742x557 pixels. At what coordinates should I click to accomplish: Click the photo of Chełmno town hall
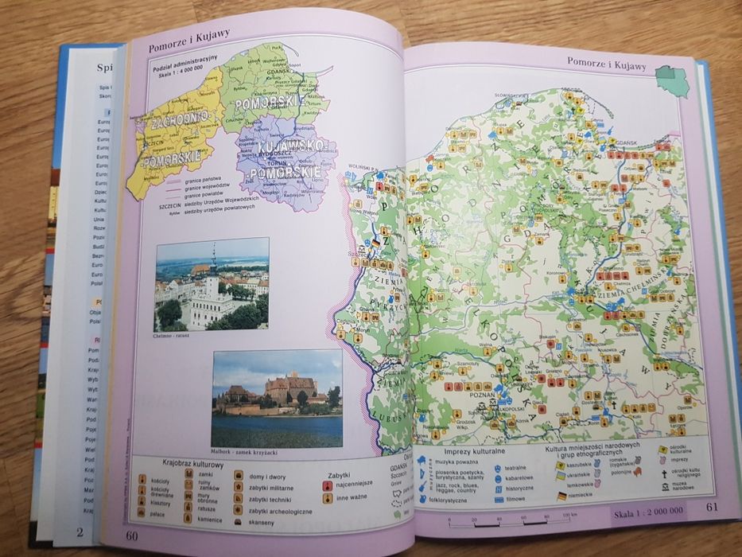(212, 284)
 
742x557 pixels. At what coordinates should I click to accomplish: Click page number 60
(131, 534)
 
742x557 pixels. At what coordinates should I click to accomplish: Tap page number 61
(711, 509)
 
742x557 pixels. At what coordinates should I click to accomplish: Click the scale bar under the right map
(509, 523)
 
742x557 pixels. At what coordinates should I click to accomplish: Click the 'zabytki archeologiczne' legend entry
(280, 511)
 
